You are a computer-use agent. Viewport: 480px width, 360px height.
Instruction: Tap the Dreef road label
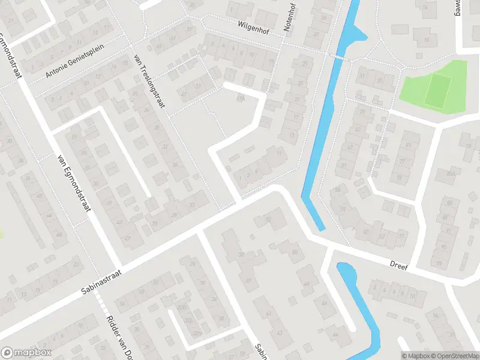(x=398, y=265)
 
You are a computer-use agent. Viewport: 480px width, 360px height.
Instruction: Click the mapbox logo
(x=26, y=353)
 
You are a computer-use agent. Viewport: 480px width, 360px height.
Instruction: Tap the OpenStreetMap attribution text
(x=455, y=356)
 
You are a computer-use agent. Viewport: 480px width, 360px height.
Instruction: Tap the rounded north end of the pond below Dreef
(x=344, y=268)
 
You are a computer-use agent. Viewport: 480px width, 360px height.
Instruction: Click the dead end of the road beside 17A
(x=226, y=85)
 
